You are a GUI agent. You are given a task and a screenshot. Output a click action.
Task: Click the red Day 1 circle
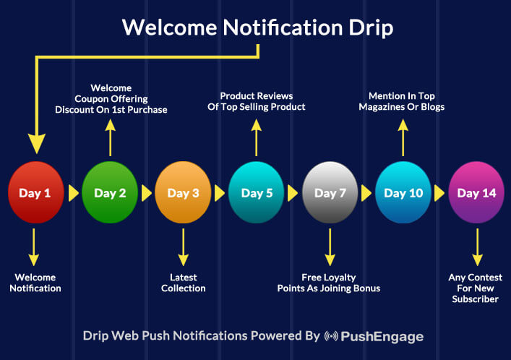pyautogui.click(x=36, y=192)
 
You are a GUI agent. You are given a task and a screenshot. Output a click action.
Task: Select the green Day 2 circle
pyautogui.click(x=110, y=192)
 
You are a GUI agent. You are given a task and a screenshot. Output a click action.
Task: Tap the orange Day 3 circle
pyautogui.click(x=183, y=192)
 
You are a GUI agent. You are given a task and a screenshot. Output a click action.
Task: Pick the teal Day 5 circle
pyautogui.click(x=257, y=192)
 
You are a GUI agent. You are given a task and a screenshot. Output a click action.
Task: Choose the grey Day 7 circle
pyautogui.click(x=330, y=192)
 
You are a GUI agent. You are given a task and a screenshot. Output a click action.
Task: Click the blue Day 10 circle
pyautogui.click(x=403, y=192)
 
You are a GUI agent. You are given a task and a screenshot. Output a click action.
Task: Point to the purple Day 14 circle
pyautogui.click(x=477, y=192)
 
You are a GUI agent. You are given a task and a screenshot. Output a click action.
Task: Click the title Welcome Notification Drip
pyautogui.click(x=258, y=27)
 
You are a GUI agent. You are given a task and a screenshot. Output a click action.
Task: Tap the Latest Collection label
pyautogui.click(x=184, y=283)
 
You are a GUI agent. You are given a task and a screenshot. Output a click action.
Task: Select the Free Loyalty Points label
pyautogui.click(x=329, y=283)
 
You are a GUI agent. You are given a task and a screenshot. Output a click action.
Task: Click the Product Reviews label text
pyautogui.click(x=257, y=101)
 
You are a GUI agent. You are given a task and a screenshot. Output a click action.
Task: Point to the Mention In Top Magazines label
pyautogui.click(x=402, y=101)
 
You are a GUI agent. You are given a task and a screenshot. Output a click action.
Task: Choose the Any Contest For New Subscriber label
pyautogui.click(x=476, y=288)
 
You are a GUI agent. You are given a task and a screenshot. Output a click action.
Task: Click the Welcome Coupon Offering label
pyautogui.click(x=111, y=99)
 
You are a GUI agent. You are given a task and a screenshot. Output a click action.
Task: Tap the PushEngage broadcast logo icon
pyautogui.click(x=331, y=336)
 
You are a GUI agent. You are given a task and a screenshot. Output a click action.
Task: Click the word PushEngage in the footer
pyautogui.click(x=382, y=337)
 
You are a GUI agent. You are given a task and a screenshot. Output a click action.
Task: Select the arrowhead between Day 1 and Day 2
pyautogui.click(x=74, y=193)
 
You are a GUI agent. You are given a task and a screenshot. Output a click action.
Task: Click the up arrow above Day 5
pyautogui.click(x=257, y=137)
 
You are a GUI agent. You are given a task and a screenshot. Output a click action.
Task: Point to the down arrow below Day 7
pyautogui.click(x=330, y=247)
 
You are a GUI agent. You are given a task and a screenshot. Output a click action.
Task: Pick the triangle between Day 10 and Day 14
pyautogui.click(x=439, y=193)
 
